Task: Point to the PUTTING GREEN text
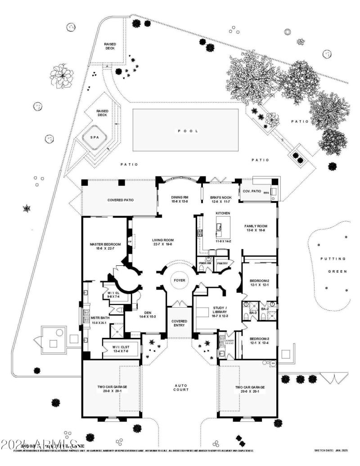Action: click(x=333, y=265)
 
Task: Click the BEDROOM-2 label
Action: click(x=259, y=283)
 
